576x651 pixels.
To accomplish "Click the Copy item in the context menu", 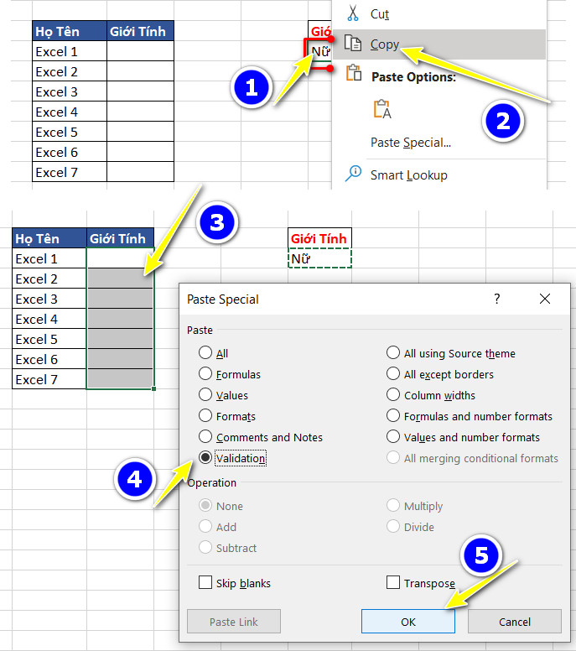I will pos(385,44).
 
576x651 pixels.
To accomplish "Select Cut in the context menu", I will pos(379,14).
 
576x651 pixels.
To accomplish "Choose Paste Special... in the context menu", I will pos(411,143).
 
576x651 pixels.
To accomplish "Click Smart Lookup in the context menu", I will pos(408,175).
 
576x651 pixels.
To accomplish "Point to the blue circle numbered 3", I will pos(216,222).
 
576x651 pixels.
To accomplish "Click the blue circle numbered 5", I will pos(481,555).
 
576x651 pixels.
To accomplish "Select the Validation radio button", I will pos(205,458).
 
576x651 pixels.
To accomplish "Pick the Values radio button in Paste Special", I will pos(205,395).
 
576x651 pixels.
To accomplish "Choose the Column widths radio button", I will pos(393,395).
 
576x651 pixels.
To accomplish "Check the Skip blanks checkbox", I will pos(205,583).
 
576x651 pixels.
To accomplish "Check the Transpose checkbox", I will pos(393,583).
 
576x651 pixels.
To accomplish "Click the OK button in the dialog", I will pos(408,622).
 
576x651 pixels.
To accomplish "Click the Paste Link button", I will pos(234,622).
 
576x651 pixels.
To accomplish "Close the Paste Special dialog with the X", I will pos(545,299).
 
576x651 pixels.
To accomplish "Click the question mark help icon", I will pos(496,299).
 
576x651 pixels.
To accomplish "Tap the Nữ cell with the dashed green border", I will pos(319,258).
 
